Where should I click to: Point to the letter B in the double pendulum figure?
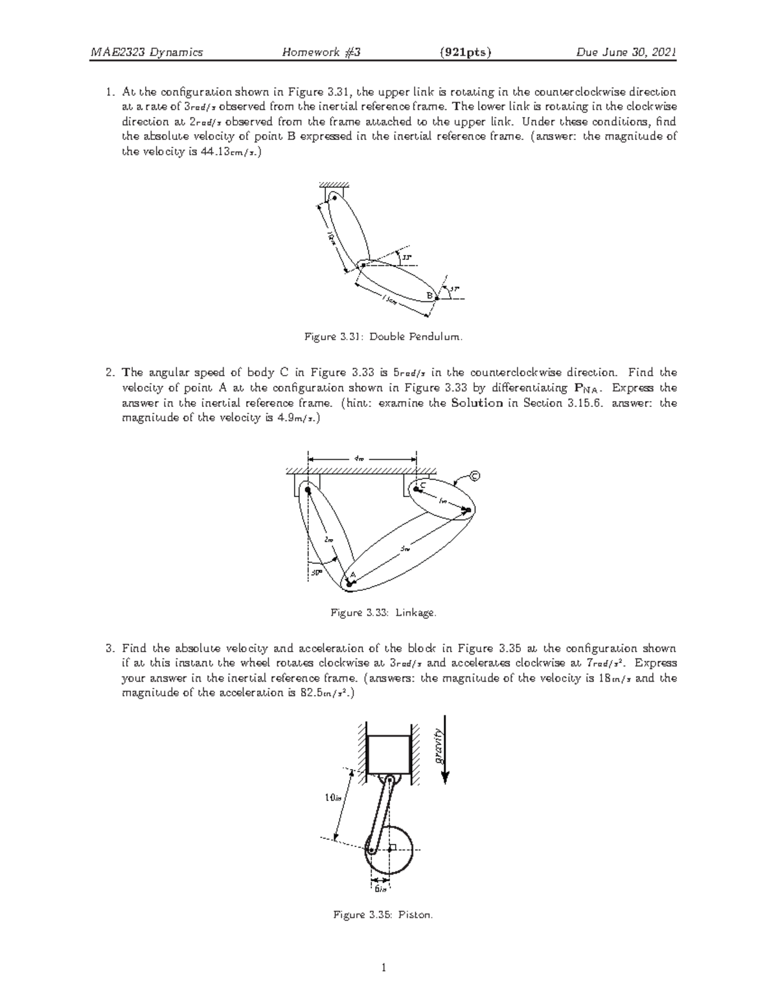pos(430,295)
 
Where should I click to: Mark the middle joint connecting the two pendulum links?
pos(363,263)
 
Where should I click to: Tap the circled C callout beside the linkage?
pos(474,476)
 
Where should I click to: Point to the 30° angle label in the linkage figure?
pos(316,572)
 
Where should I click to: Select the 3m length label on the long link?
pos(405,549)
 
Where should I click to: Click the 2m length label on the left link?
pos(329,540)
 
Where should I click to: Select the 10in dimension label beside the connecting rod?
pos(334,797)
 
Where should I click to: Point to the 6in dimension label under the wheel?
pos(381,889)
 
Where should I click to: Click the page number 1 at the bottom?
pos(383,968)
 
